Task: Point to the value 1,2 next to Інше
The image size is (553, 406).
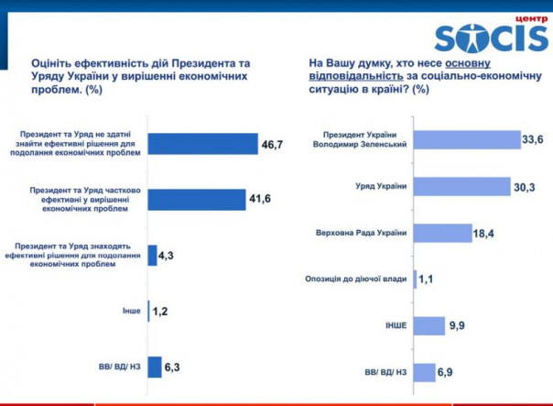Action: [x=161, y=312]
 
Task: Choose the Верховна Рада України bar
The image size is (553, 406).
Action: [x=443, y=233]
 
